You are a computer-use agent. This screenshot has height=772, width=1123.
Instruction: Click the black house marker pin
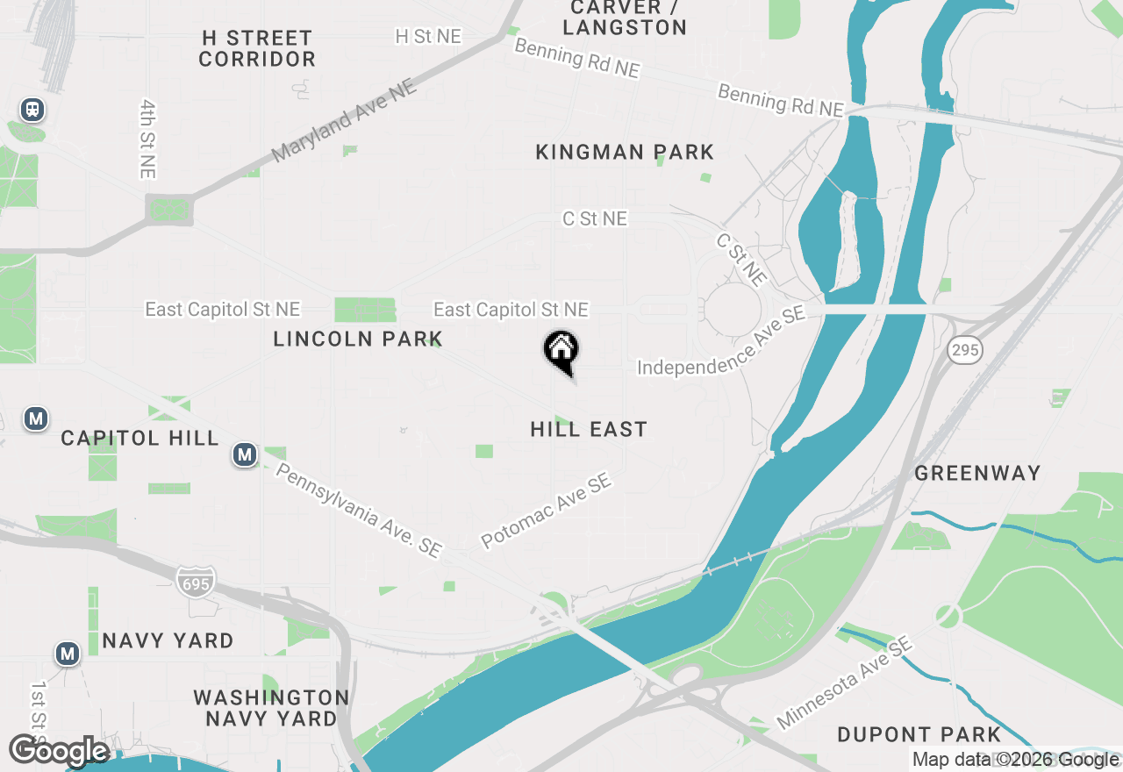[561, 351]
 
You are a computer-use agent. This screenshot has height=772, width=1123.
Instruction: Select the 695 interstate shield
[193, 583]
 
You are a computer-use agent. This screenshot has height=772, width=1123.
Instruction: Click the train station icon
[32, 110]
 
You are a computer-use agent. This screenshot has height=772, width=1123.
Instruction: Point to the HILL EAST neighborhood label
[589, 429]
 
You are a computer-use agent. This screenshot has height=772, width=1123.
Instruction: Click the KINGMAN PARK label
[625, 153]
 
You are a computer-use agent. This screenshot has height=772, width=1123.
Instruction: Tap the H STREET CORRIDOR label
[257, 49]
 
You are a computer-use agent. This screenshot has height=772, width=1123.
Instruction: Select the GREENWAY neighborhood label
[977, 474]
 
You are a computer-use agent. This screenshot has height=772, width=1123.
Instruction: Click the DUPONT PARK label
[919, 734]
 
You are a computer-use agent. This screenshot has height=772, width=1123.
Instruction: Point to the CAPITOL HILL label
[139, 438]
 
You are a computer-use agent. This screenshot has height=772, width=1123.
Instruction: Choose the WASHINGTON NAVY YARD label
[271, 708]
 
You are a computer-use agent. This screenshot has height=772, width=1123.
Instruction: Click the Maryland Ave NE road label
[345, 122]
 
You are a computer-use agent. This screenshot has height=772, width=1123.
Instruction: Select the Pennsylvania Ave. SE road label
[359, 510]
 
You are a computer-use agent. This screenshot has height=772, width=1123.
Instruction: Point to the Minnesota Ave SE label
[844, 683]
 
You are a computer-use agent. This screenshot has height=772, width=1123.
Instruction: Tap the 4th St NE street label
[147, 139]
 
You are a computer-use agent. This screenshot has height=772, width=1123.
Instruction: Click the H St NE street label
[428, 36]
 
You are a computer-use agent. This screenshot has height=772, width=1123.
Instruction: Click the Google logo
[59, 752]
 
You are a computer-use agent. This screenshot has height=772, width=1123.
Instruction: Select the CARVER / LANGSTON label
[625, 18]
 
